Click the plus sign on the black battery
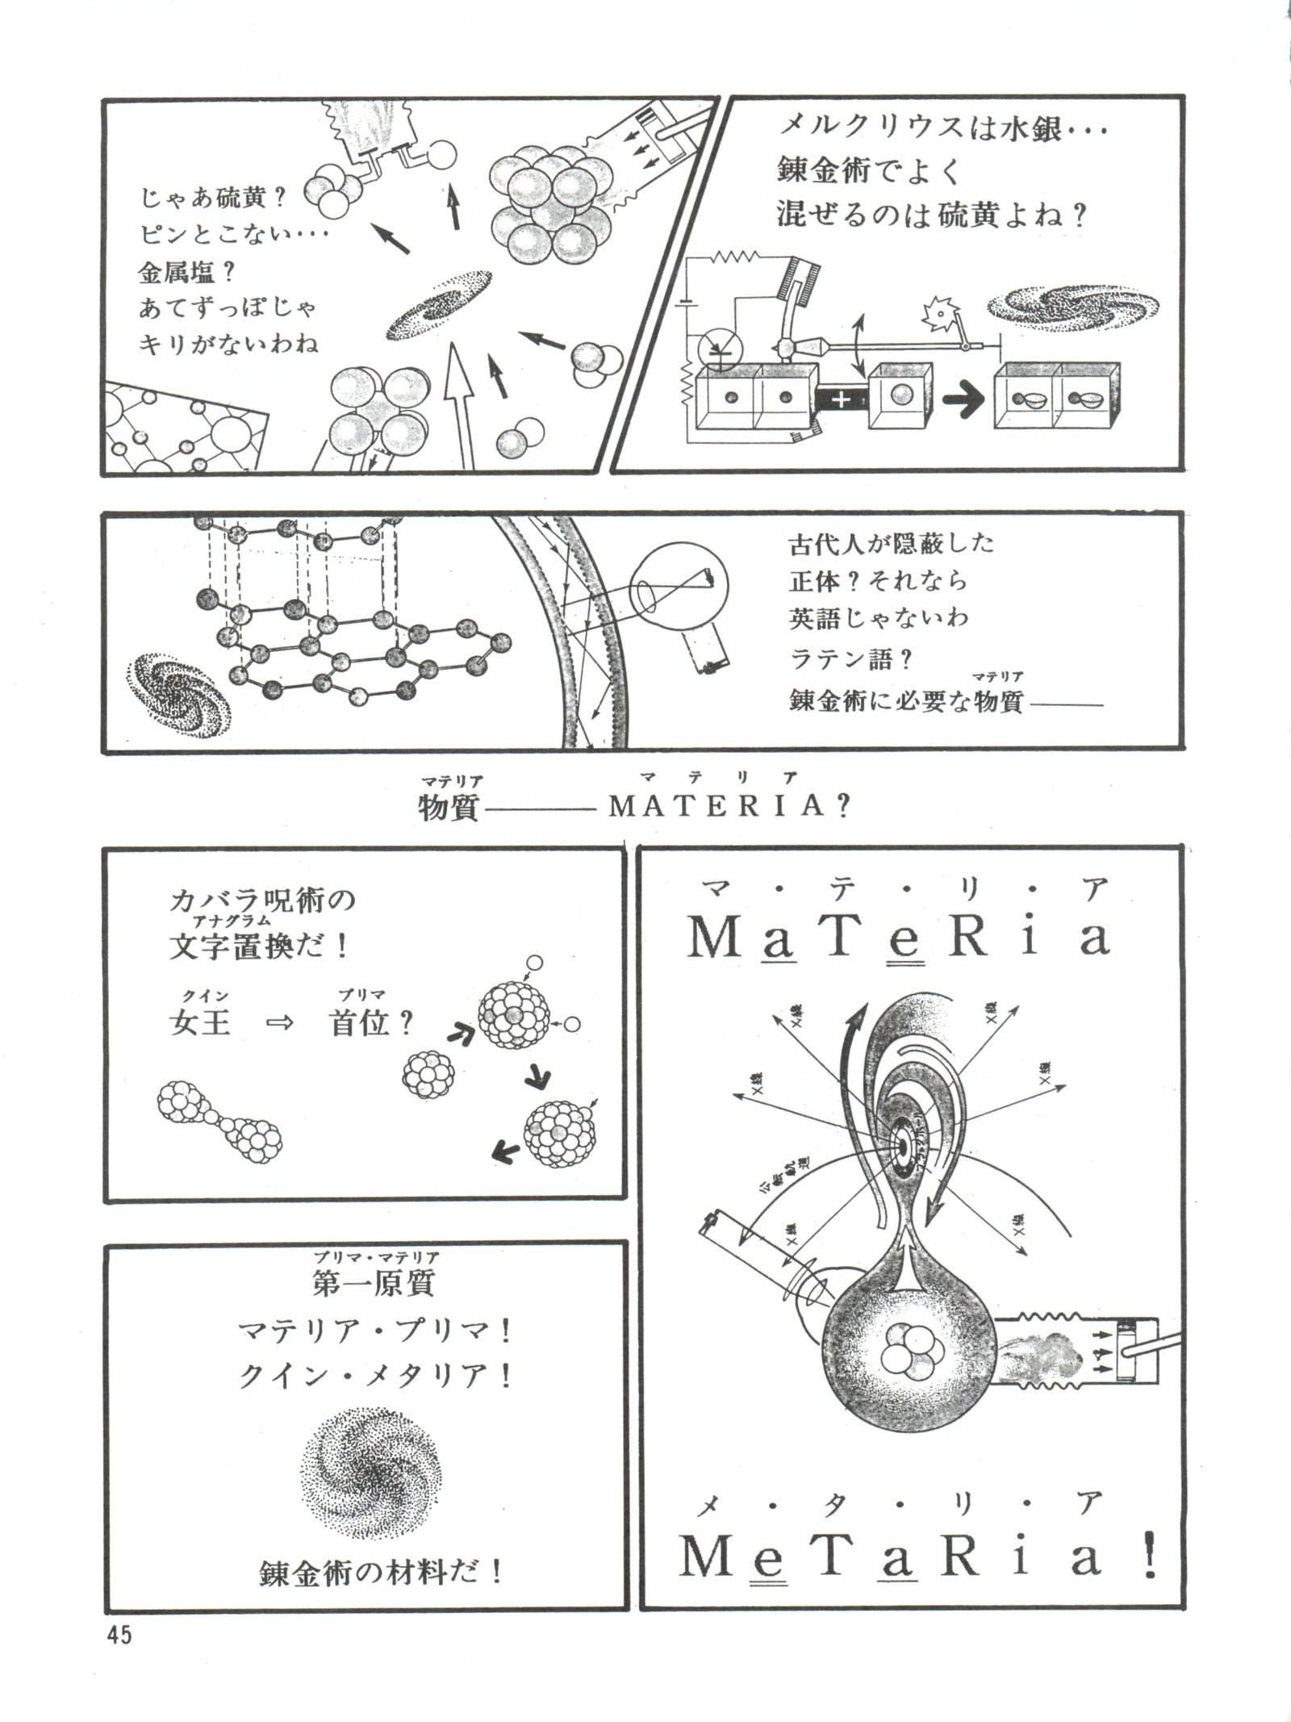[x=841, y=397]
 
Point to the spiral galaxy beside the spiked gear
[x=1073, y=307]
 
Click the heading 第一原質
[x=374, y=1284]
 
